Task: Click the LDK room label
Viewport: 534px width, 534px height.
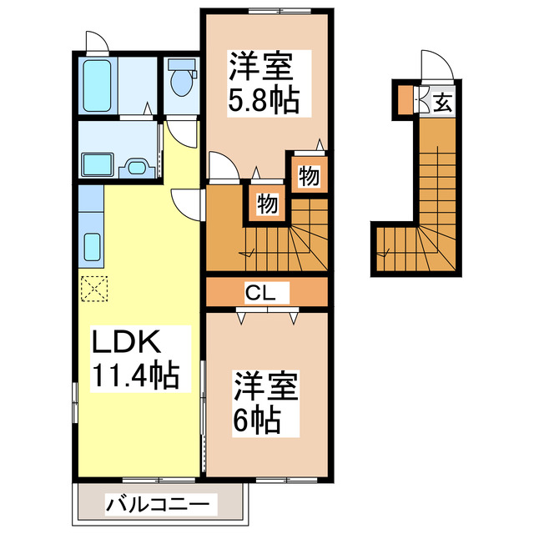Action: (x=120, y=342)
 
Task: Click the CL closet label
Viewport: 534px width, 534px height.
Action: (x=266, y=292)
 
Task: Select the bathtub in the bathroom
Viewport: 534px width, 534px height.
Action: (x=99, y=87)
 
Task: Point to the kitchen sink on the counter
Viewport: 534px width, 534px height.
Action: (x=93, y=247)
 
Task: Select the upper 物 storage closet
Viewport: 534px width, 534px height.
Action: (x=307, y=176)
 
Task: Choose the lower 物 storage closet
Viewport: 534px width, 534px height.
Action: (x=266, y=204)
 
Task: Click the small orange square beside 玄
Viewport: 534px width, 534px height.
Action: (x=405, y=101)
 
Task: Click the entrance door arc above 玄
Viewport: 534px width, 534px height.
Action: (x=435, y=63)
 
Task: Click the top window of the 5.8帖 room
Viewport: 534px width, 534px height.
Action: (x=267, y=9)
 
